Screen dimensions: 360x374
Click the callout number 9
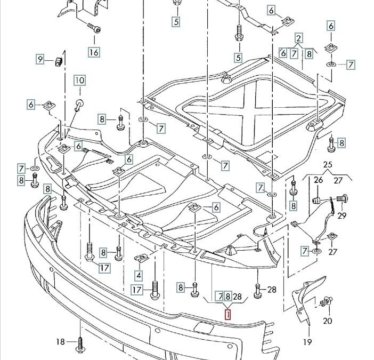(x=40, y=59)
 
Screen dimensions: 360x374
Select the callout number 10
(x=79, y=81)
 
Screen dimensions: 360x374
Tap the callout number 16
(x=94, y=52)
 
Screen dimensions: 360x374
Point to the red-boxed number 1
(x=228, y=315)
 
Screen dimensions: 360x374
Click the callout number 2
(x=299, y=38)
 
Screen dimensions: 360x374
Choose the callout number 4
(x=139, y=276)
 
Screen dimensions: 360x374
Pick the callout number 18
(x=60, y=341)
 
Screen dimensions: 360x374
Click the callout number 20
(x=327, y=321)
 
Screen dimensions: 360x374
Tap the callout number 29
(x=342, y=215)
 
